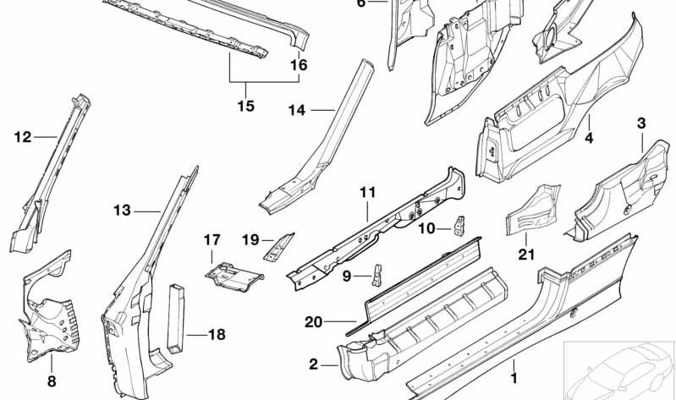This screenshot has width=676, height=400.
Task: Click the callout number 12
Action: (x=22, y=135)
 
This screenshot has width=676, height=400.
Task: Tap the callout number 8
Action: (x=51, y=381)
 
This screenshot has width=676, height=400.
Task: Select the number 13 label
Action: (x=123, y=211)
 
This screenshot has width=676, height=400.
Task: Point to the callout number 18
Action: (x=217, y=334)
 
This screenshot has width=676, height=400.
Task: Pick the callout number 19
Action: (x=250, y=239)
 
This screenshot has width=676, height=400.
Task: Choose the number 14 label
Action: (x=296, y=110)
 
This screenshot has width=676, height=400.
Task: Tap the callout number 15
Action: (x=245, y=107)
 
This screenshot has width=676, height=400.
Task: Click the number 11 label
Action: (x=366, y=193)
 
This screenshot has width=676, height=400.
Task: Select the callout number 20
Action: (x=313, y=321)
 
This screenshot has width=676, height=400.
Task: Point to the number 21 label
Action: (x=527, y=253)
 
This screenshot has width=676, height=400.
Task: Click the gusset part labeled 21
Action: (x=529, y=211)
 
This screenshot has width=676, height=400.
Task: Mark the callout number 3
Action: (x=641, y=124)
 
